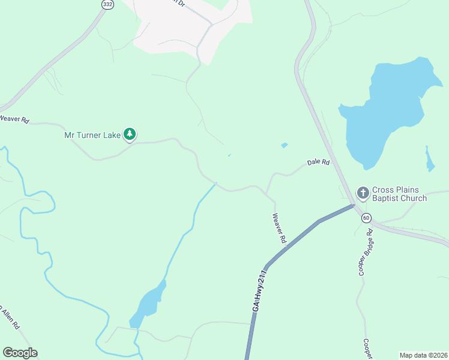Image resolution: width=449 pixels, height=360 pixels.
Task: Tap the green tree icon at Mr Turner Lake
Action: pyautogui.click(x=130, y=134)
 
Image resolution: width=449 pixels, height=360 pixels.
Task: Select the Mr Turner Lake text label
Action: pyautogui.click(x=92, y=135)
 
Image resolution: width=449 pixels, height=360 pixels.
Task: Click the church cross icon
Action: pyautogui.click(x=363, y=193)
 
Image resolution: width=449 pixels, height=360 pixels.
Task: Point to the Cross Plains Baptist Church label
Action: pyautogui.click(x=399, y=193)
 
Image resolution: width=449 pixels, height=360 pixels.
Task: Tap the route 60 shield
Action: pyautogui.click(x=366, y=217)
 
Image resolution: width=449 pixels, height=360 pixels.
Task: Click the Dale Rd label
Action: pyautogui.click(x=318, y=162)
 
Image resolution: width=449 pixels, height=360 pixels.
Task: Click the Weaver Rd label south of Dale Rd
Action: pyautogui.click(x=279, y=228)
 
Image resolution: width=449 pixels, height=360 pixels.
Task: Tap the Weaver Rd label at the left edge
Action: pyautogui.click(x=14, y=119)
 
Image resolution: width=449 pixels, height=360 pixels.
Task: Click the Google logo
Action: pyautogui.click(x=20, y=353)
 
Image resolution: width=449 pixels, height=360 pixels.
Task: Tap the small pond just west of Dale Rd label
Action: pyautogui.click(x=284, y=145)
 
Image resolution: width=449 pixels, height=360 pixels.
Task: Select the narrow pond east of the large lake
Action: pyautogui.click(x=429, y=160)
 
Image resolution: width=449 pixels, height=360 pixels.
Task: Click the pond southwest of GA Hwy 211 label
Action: pyautogui.click(x=149, y=303)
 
